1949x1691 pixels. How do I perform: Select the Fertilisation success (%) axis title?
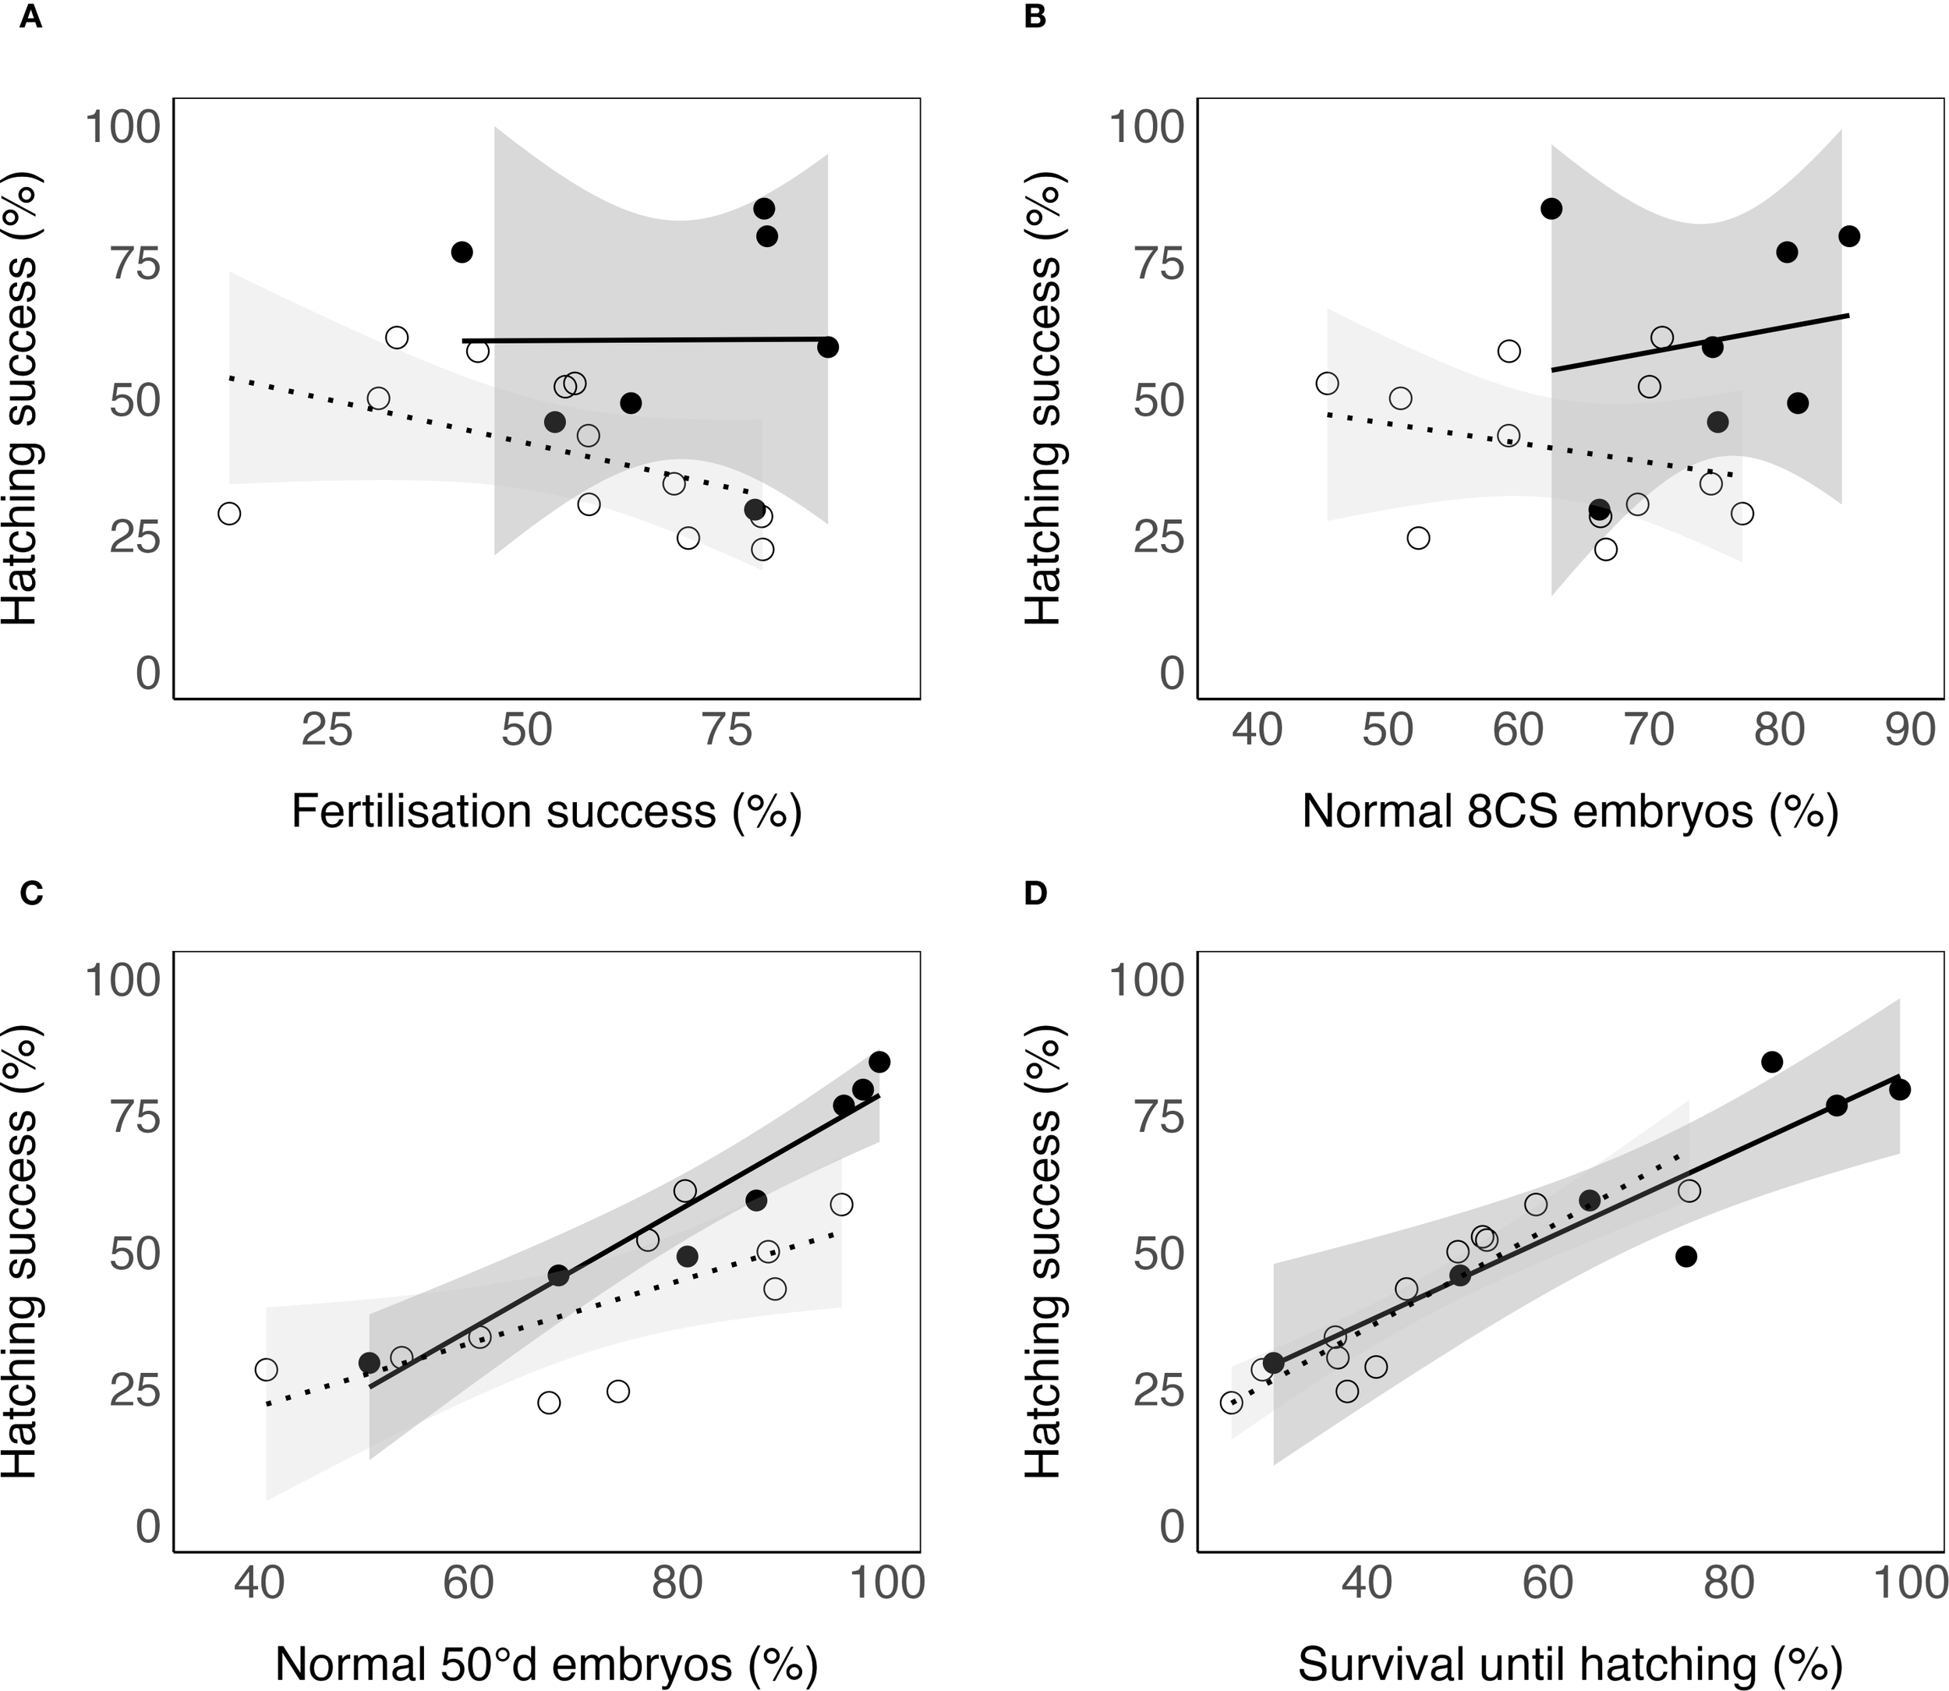pos(546,811)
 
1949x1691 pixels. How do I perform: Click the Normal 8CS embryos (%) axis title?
pos(1570,811)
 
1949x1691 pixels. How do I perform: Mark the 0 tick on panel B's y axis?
pos(1172,673)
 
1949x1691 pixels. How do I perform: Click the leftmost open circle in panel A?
pos(229,513)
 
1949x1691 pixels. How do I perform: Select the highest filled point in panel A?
pos(764,208)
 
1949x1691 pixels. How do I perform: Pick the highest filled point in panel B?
pos(1551,208)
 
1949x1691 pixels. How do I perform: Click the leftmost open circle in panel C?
pos(266,1369)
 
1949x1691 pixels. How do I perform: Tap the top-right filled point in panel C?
pos(879,1062)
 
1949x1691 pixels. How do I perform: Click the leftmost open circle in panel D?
pos(1231,1403)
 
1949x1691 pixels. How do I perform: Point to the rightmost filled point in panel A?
pos(828,347)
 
